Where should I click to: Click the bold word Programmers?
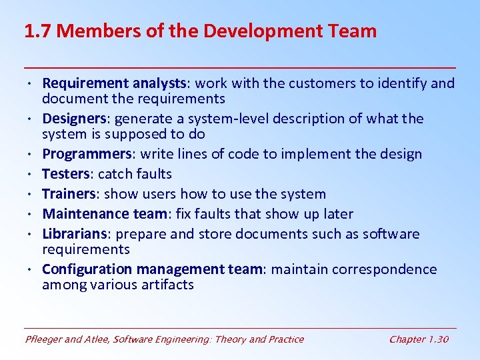[85, 154]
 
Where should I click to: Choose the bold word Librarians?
[75, 234]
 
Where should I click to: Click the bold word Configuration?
[87, 269]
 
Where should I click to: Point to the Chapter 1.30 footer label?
[419, 339]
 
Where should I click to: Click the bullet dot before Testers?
[32, 175]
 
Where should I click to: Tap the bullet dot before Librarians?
[32, 235]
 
